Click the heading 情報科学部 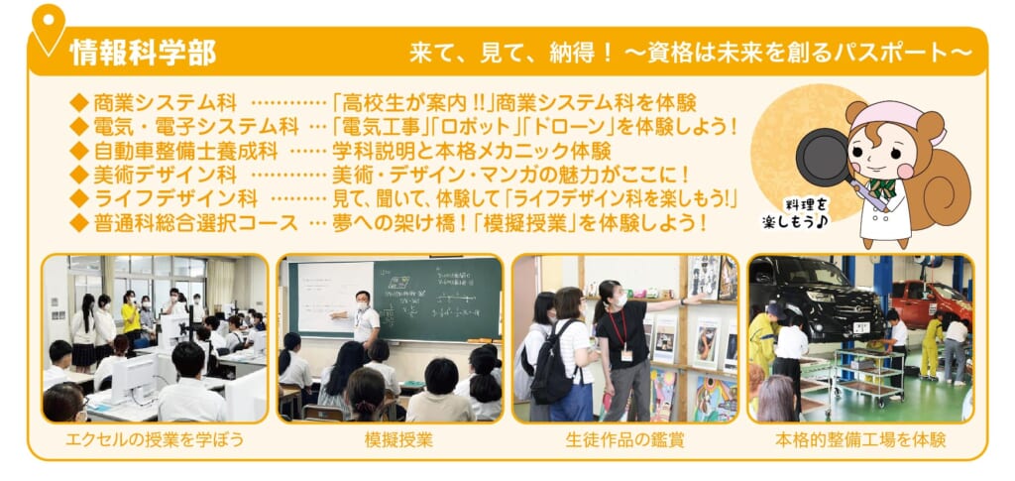tap(143, 53)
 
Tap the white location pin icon tap(49, 27)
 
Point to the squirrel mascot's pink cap tap(895, 118)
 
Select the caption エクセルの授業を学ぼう tap(155, 441)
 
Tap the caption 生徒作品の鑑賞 tap(624, 441)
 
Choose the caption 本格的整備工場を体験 tap(860, 441)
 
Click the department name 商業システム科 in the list tap(166, 102)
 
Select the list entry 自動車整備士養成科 tap(185, 152)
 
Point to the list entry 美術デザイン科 tap(166, 176)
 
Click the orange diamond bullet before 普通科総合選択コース tap(79, 224)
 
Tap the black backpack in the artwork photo tap(550, 368)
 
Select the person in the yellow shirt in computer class tap(131, 317)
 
